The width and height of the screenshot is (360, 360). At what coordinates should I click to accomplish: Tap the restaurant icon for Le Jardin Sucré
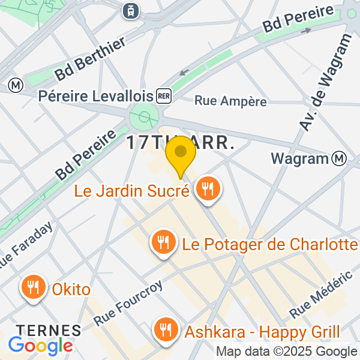[x=208, y=190]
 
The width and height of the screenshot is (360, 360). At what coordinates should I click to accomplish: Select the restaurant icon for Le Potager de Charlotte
[x=163, y=243]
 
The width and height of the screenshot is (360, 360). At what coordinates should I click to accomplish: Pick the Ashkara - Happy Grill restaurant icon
[x=164, y=329]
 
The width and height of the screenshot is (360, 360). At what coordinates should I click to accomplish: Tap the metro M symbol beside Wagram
[x=340, y=158]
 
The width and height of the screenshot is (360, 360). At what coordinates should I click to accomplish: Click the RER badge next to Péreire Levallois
[x=163, y=95]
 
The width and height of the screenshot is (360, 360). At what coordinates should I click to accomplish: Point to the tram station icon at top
[x=130, y=10]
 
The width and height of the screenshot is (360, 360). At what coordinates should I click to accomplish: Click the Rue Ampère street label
[x=230, y=101]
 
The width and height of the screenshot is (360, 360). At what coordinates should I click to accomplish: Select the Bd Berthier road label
[x=90, y=59]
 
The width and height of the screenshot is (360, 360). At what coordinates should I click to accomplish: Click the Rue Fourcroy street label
[x=128, y=304]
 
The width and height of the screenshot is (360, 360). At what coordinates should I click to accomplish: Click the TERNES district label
[x=48, y=329]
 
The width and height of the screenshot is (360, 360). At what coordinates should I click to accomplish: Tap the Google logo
[x=40, y=346]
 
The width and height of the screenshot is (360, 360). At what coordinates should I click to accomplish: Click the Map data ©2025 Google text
[x=286, y=352]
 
